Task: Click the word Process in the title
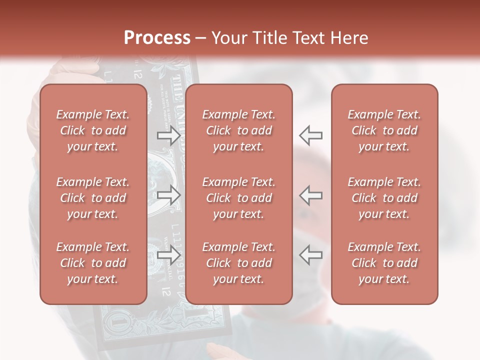(157, 38)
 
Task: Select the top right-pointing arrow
(168, 135)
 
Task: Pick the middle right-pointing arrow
(168, 195)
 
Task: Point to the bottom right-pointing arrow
(168, 255)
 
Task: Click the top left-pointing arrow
(310, 135)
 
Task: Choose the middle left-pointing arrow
(310, 195)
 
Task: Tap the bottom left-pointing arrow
(310, 255)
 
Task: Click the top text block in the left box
(93, 130)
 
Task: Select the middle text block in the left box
(93, 198)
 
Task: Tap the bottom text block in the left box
(93, 263)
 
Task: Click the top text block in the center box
(239, 130)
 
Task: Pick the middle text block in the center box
(239, 198)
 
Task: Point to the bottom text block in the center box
(239, 263)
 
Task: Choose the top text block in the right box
(384, 130)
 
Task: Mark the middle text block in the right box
(384, 198)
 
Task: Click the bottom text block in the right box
(384, 263)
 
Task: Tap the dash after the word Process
(201, 38)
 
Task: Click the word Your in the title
(228, 38)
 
